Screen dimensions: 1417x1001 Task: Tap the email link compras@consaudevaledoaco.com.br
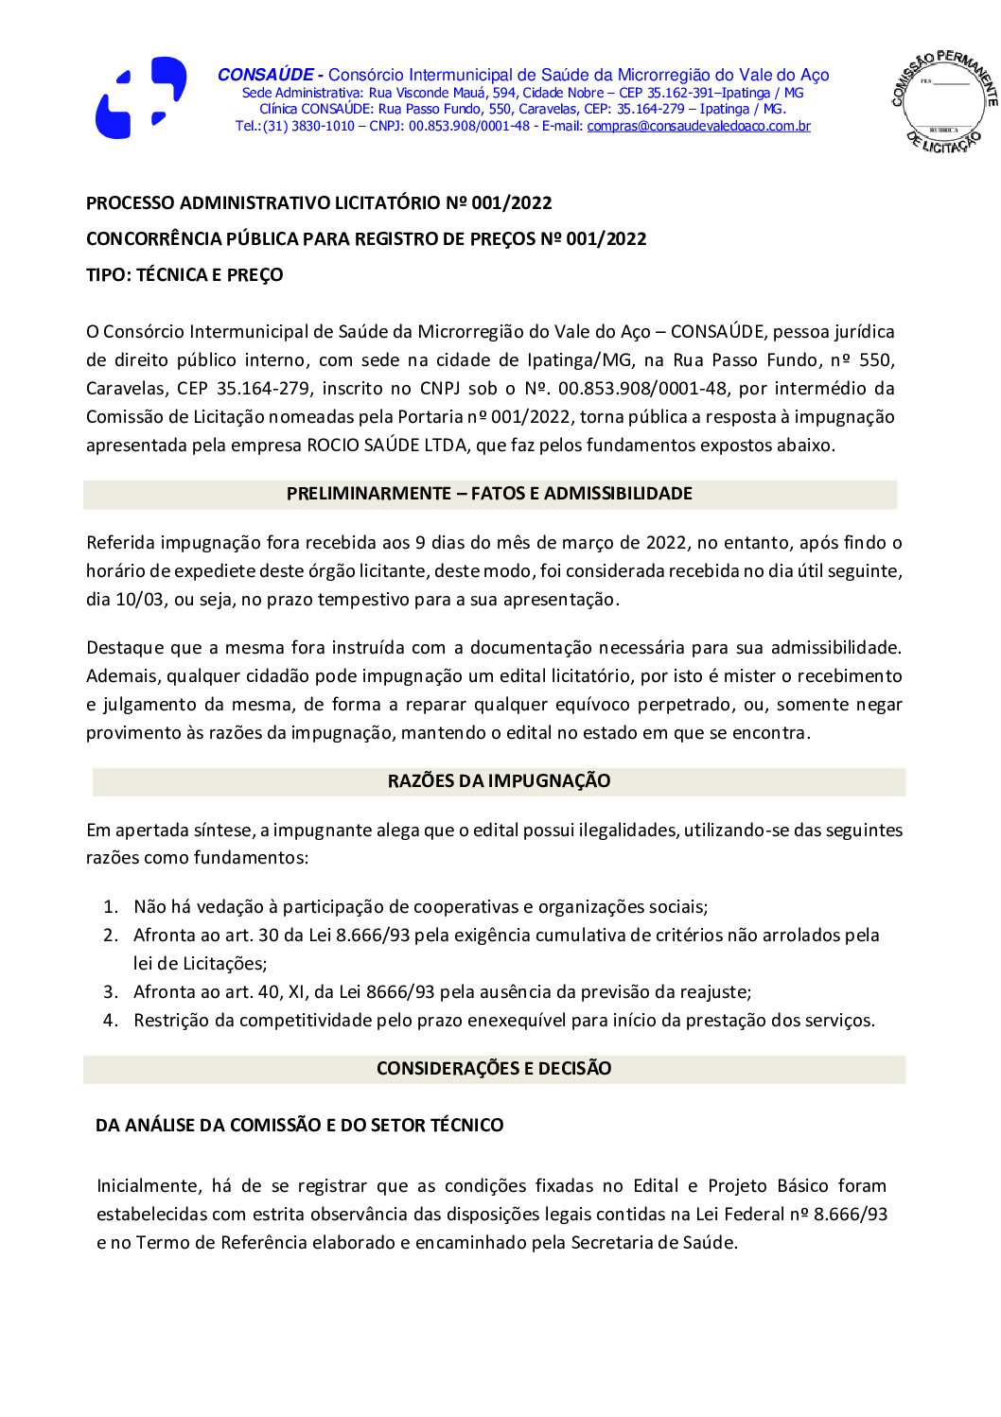point(698,126)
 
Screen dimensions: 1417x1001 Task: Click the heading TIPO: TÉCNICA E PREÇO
point(184,275)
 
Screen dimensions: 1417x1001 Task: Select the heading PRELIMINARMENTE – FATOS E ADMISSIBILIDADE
point(489,494)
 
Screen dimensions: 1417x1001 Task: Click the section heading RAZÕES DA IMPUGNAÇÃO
point(499,781)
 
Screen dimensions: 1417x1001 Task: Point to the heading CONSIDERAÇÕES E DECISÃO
point(494,1069)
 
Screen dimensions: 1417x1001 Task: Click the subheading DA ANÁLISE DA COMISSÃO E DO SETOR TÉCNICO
point(299,1126)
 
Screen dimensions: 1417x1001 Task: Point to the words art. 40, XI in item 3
point(282,992)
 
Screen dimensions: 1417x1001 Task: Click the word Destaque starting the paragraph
point(124,648)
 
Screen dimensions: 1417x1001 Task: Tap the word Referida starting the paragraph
point(120,543)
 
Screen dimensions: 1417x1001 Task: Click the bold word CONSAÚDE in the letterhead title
point(266,75)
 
